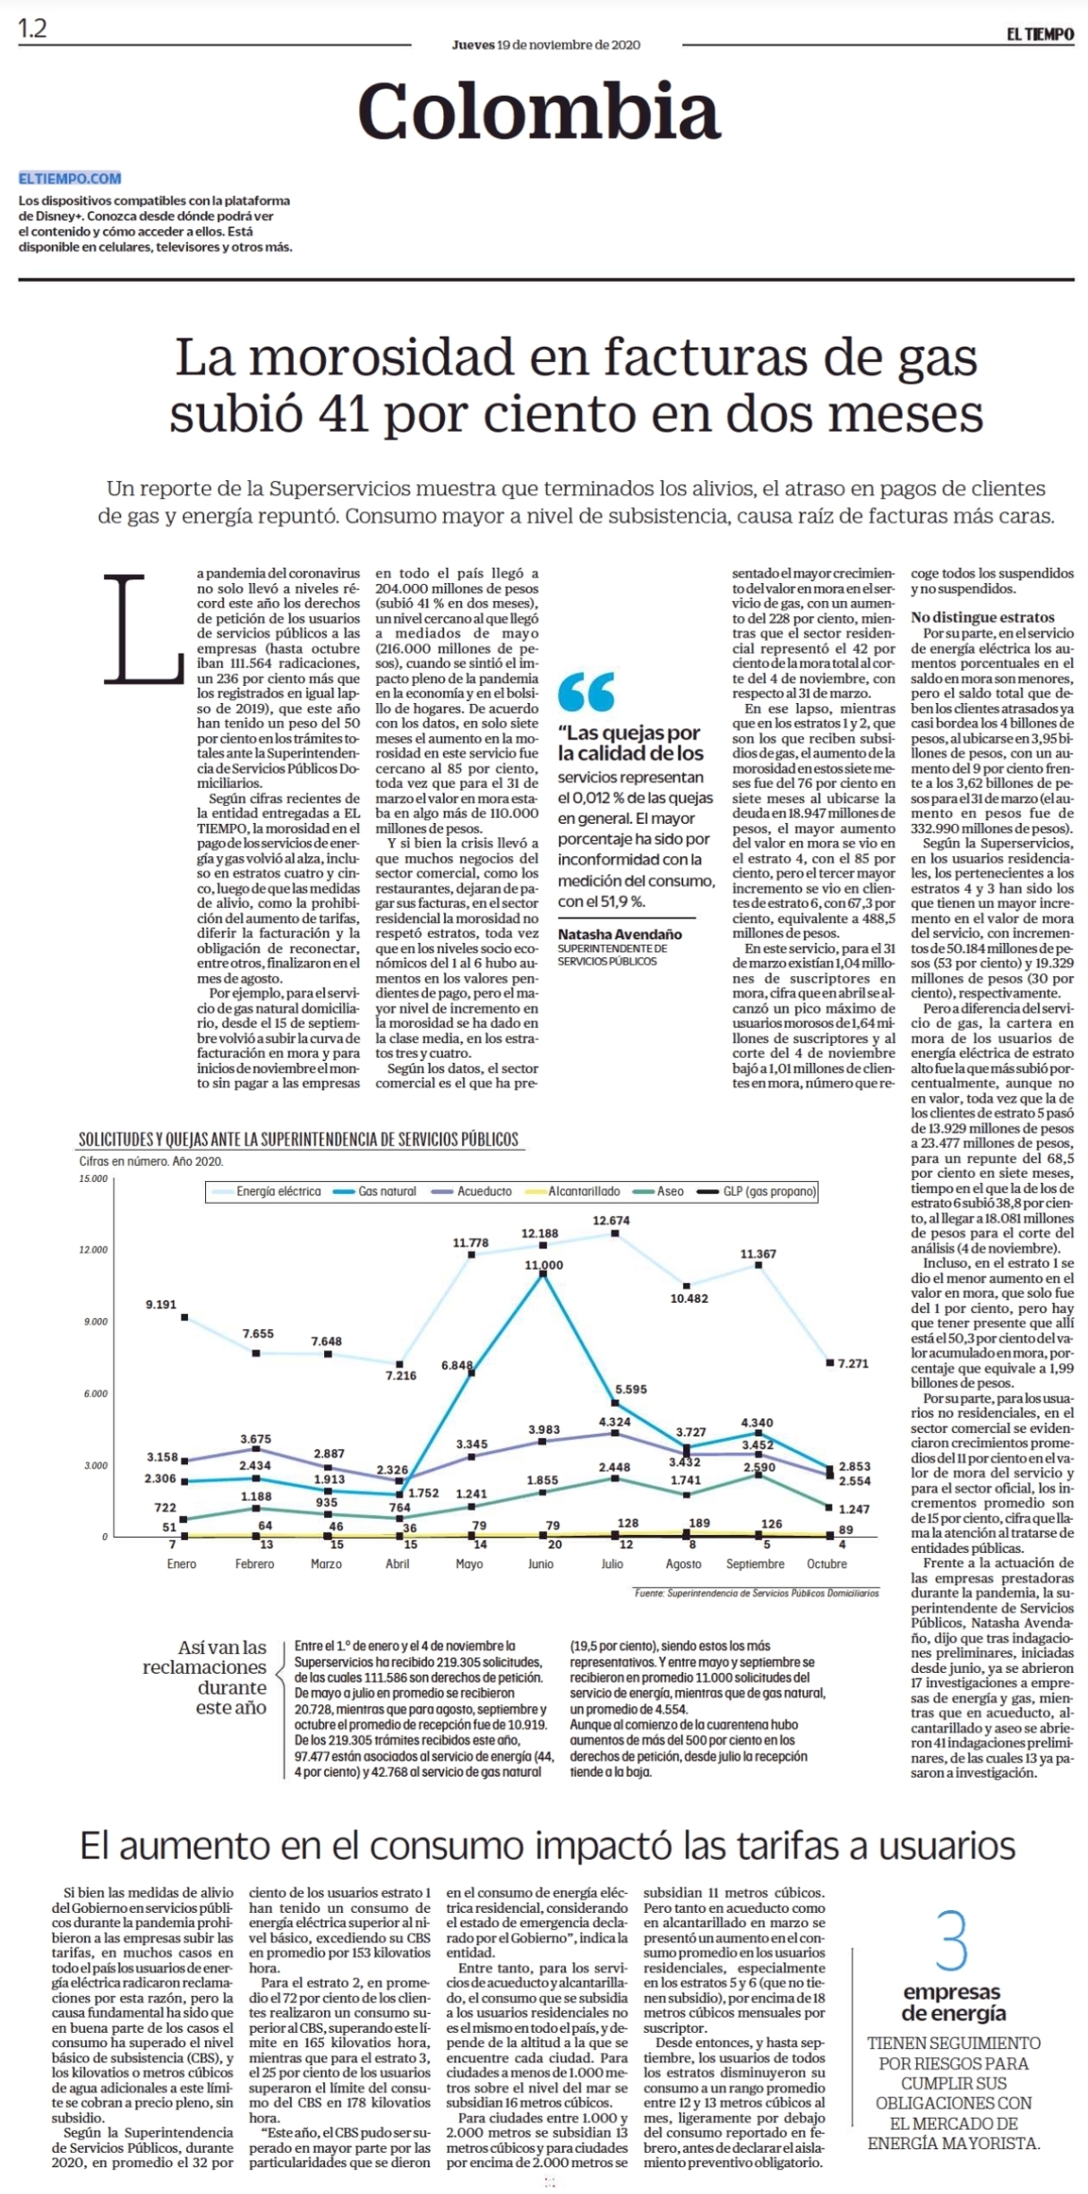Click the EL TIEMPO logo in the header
click(x=1040, y=34)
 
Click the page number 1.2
click(x=32, y=29)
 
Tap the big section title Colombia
click(x=539, y=110)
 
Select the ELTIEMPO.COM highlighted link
click(x=70, y=178)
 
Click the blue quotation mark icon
click(x=587, y=691)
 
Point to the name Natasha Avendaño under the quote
click(x=620, y=934)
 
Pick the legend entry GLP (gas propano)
click(x=758, y=1191)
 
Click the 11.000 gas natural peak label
click(x=544, y=1264)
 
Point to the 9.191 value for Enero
click(x=161, y=1304)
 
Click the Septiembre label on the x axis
click(x=755, y=1564)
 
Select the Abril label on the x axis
click(x=398, y=1564)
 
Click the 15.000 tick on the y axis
click(x=93, y=1178)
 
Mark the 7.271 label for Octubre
click(x=852, y=1363)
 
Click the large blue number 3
click(x=952, y=1941)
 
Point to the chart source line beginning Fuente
click(x=757, y=1593)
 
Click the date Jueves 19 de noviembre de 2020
click(x=545, y=45)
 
